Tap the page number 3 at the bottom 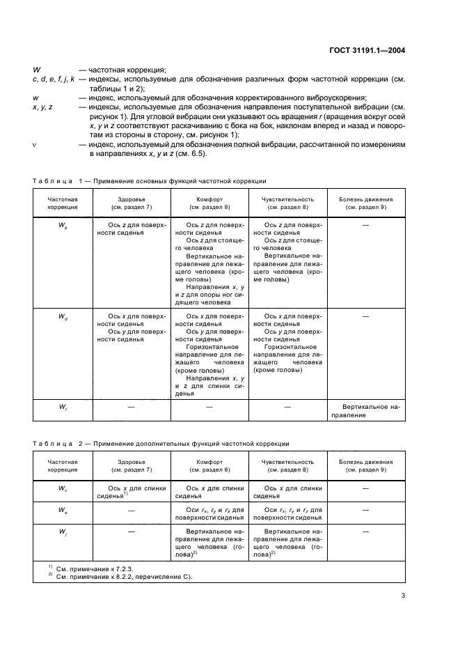click(404, 596)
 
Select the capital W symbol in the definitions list click(36, 70)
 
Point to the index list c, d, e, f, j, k click(53, 79)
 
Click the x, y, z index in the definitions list click(44, 107)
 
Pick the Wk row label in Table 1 click(63, 226)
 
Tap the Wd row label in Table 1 click(63, 316)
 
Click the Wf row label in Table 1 click(63, 406)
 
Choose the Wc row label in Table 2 click(63, 489)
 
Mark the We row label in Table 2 click(63, 511)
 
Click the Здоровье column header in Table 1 click(132, 203)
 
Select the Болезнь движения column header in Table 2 click(366, 466)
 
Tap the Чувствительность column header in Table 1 click(287, 203)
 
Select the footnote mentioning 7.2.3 click(93, 568)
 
